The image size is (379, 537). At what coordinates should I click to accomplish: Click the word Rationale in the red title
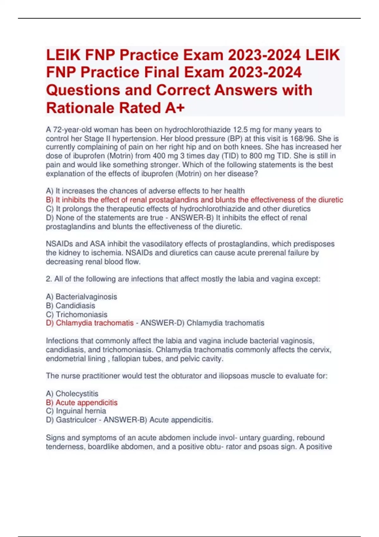point(81,108)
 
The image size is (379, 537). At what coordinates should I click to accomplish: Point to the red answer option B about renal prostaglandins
point(194,200)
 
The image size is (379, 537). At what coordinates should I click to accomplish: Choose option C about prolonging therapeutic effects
point(178,209)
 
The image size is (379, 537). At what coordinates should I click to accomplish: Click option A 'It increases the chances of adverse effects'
point(145,191)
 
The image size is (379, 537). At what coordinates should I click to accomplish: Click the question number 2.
point(48,279)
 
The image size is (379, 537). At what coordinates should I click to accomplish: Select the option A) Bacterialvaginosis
point(81,297)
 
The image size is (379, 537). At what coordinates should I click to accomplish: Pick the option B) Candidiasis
point(70,305)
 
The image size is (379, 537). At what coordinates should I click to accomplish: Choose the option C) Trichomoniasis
point(76,314)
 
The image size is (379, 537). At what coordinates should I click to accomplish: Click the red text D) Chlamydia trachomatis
point(90,323)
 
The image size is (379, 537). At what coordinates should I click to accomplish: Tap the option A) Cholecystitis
point(72,394)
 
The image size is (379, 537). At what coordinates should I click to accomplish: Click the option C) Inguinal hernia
point(76,411)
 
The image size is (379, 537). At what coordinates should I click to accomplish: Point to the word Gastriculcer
point(76,420)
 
